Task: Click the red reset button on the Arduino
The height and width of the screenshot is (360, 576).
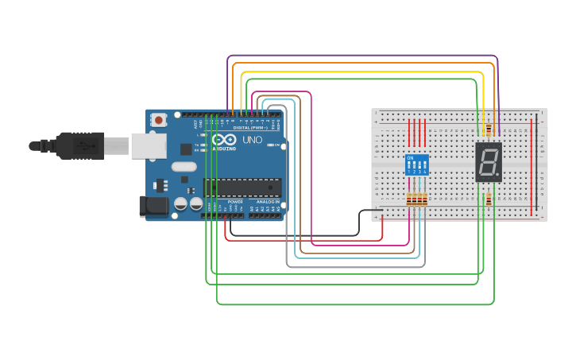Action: pos(159,120)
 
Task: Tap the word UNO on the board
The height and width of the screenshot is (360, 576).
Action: pos(252,140)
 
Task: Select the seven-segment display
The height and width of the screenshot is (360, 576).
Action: pos(488,162)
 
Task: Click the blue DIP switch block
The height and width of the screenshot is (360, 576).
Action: pos(417,165)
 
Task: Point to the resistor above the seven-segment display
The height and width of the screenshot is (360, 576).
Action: pos(489,130)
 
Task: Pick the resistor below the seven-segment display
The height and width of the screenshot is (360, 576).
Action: pos(488,201)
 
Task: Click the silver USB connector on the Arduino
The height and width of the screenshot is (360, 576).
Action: pos(147,145)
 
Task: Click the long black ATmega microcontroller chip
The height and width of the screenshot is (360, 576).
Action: pos(242,188)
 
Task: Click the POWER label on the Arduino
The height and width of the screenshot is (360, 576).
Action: pos(235,202)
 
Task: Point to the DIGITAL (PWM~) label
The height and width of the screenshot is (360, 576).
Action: pos(252,128)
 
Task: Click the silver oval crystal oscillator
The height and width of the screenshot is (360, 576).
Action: pos(183,167)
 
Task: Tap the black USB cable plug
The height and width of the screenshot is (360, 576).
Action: pos(79,145)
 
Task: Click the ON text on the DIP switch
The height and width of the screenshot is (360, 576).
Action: pos(410,157)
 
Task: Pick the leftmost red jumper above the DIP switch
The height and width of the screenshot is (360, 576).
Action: pos(410,131)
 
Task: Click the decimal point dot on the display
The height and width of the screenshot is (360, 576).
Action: pos(499,176)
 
